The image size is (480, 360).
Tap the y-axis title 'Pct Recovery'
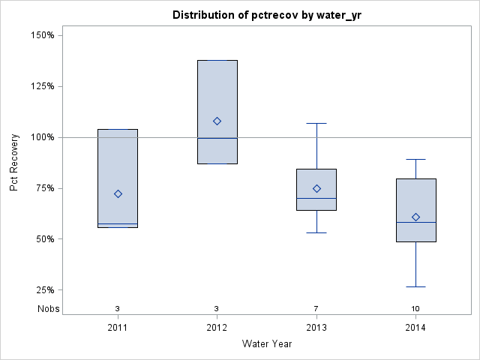[x=14, y=163]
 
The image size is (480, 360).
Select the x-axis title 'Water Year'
[x=266, y=344]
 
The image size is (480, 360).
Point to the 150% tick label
[x=41, y=35]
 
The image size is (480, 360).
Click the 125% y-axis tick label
[x=41, y=86]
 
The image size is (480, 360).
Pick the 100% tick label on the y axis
[x=41, y=137]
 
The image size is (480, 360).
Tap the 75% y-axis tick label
[x=43, y=188]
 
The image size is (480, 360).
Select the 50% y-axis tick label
[x=43, y=239]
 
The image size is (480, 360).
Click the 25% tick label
[x=43, y=290]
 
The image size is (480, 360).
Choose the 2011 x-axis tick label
[x=118, y=328]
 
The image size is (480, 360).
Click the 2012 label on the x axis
[x=217, y=328]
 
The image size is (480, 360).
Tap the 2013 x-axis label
[x=316, y=328]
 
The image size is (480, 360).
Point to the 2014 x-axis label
[x=415, y=328]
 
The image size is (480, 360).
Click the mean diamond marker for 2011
[x=118, y=193]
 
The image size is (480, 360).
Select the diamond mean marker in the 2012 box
[x=217, y=121]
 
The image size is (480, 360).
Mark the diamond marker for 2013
[x=316, y=188]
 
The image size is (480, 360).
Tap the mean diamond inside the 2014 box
[x=415, y=217]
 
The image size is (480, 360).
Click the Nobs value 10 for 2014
[x=415, y=309]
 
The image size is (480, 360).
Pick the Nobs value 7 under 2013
[x=316, y=309]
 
